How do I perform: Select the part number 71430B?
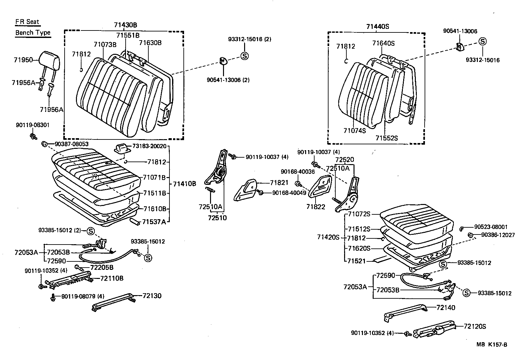pyautogui.click(x=125, y=25)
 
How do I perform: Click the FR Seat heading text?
pyautogui.click(x=27, y=22)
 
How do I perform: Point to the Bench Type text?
pyautogui.click(x=33, y=32)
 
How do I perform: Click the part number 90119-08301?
pyautogui.click(x=32, y=125)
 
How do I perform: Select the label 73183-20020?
pyautogui.click(x=149, y=146)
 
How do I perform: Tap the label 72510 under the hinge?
pyautogui.click(x=217, y=218)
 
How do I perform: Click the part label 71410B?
pyautogui.click(x=184, y=184)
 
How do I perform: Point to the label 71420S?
pyautogui.click(x=328, y=237)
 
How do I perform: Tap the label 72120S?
pyautogui.click(x=475, y=326)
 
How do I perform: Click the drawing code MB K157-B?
pyautogui.click(x=491, y=344)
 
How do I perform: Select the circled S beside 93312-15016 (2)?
pyautogui.click(x=244, y=56)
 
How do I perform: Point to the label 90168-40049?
pyautogui.click(x=289, y=193)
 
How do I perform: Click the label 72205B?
pyautogui.click(x=102, y=268)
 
